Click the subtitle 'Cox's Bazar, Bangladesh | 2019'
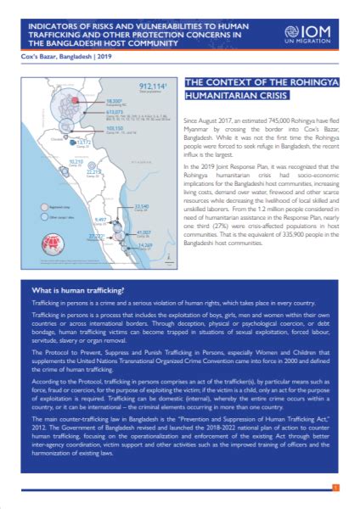pos(59,57)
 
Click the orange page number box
pos(335,487)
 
